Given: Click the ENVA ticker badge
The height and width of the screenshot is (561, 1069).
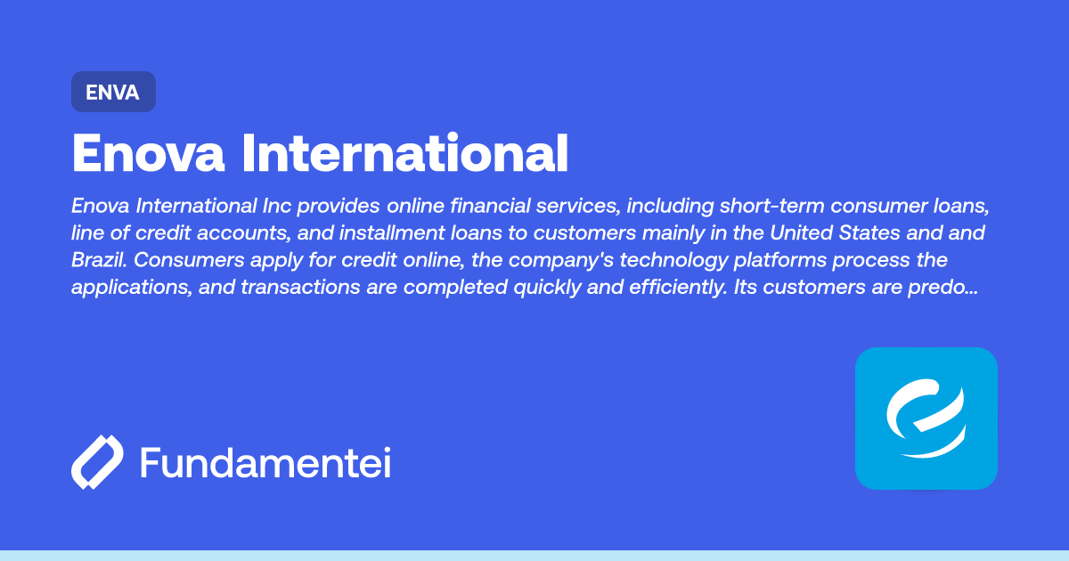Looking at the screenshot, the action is [114, 92].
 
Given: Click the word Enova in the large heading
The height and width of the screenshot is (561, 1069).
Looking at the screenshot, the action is [148, 153].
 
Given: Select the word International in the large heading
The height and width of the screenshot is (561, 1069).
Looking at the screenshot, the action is [405, 152].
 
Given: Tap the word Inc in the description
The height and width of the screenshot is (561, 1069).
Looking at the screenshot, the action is [277, 206].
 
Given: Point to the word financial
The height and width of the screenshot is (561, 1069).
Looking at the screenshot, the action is [490, 206].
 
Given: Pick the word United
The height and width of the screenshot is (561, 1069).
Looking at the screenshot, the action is [801, 233].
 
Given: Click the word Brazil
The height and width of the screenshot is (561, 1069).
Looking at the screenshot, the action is [99, 260].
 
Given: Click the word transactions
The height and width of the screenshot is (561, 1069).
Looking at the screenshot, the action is [300, 288].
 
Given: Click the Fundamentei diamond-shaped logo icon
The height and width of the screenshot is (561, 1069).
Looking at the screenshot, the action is [97, 462].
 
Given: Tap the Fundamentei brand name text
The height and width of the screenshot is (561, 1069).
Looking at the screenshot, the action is [265, 462].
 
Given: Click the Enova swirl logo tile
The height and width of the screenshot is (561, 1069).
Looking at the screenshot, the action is [926, 419].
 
